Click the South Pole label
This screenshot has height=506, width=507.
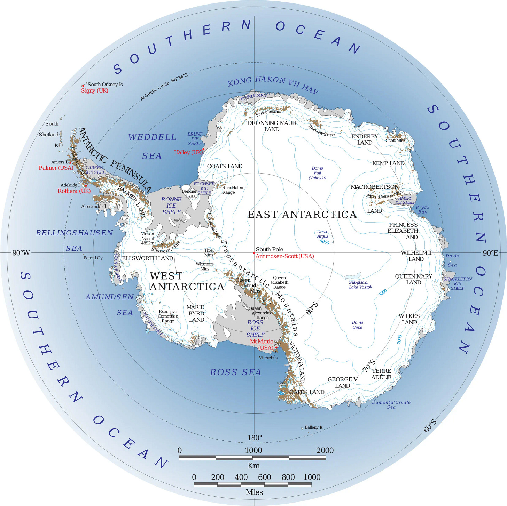269,249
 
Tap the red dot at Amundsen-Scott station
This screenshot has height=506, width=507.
254,253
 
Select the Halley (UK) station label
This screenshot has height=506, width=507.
188,152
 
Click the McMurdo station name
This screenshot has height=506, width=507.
262,342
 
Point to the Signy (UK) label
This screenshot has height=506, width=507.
94,90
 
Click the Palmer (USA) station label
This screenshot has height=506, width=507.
56,168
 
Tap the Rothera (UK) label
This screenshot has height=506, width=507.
74,191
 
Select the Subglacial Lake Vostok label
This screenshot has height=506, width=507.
360,285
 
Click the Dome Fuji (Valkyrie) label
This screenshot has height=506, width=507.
317,173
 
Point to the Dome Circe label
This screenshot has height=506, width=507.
357,325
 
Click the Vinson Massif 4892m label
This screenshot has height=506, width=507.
148,238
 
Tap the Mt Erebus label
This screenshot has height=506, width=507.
268,358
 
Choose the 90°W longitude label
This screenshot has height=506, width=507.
21,253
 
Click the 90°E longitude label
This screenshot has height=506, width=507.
490,253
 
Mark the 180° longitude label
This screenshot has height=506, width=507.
255,437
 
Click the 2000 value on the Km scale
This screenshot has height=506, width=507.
325,450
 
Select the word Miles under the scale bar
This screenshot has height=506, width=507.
254,492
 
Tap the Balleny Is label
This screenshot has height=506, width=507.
313,427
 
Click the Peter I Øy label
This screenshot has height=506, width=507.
93,258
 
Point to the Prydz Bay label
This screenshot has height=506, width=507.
422,209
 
